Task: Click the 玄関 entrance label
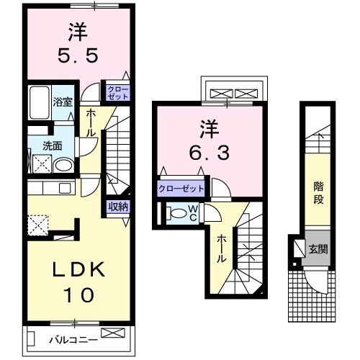tap(318, 250)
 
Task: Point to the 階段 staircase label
tap(318, 193)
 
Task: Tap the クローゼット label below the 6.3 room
tap(181, 189)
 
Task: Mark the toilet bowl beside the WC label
tap(175, 213)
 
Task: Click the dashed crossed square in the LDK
tap(38, 225)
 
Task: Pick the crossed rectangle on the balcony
tap(112, 333)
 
